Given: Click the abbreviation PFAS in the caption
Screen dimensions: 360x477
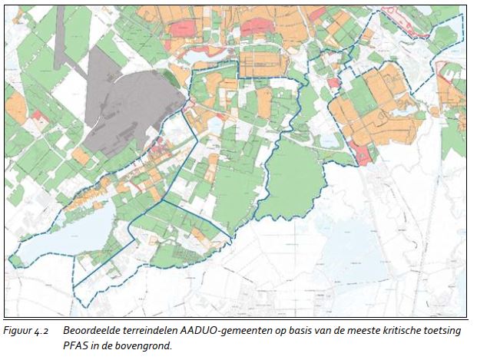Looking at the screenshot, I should tap(76, 345).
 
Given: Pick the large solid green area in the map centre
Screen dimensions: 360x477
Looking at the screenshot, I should tap(296, 180).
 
